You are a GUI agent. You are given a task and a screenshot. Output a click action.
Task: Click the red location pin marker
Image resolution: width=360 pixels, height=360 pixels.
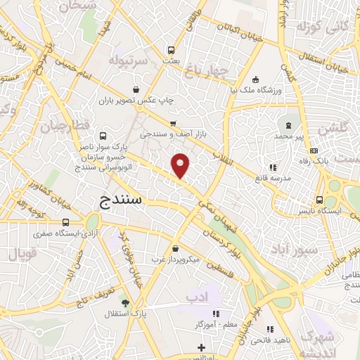pos(181,165)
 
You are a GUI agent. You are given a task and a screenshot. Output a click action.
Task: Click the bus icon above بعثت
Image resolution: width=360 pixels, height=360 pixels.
pos(170,51)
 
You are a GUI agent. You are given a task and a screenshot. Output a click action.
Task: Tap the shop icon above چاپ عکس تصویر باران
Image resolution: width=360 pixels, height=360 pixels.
pos(136,90)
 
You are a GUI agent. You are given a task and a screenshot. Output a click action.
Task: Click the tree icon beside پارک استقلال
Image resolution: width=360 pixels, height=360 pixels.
pos(126,304)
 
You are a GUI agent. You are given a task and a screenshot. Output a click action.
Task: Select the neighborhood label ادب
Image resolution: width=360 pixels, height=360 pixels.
pos(198,298)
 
